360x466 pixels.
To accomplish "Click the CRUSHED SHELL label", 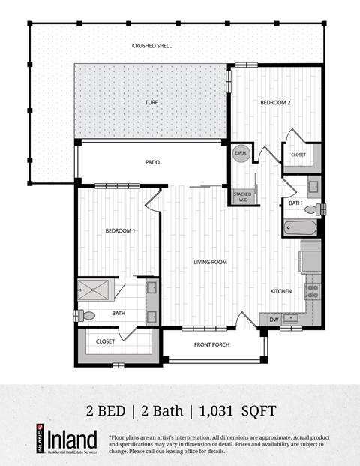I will (x=152, y=46).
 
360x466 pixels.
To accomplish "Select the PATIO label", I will (x=152, y=162).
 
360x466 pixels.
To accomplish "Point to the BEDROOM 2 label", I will (x=275, y=102).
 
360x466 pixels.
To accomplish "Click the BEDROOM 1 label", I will (x=120, y=230).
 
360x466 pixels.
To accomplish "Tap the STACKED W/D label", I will (x=243, y=197).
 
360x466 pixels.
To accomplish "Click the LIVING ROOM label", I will (x=211, y=262).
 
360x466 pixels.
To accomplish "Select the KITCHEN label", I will (x=281, y=291).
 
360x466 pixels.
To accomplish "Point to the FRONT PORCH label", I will (x=211, y=344).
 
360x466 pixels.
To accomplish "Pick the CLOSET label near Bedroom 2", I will (x=298, y=155).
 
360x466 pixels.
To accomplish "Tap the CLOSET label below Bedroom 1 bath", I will (x=106, y=341).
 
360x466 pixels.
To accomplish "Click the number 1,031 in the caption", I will (x=222, y=410).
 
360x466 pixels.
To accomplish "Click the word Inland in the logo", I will (x=73, y=440).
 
